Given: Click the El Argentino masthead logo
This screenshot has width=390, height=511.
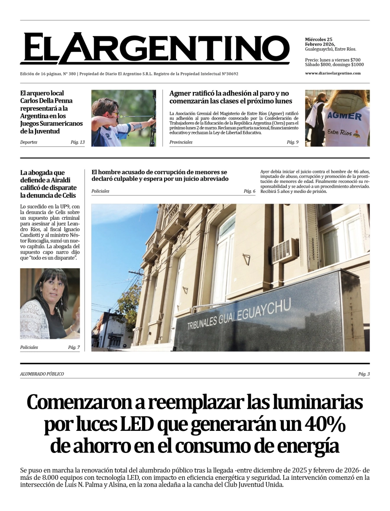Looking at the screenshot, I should tap(154, 48).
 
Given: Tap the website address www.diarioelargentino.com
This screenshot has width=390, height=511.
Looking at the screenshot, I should tap(332, 73).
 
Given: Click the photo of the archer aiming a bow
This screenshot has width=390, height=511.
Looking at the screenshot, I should tap(123, 118).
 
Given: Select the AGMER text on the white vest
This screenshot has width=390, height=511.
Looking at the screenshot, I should tap(344, 116).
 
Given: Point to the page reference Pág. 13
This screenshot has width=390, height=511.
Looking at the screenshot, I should tap(78, 142).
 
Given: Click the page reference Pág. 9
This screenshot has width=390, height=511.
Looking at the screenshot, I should tap(292, 142).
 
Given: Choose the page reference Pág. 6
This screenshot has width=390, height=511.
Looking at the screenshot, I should tap(249, 191).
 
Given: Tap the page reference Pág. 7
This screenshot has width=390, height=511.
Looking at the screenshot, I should tap(74, 347).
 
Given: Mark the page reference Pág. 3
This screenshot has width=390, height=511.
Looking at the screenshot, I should tap(364, 374).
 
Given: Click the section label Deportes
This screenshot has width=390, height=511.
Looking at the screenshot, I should tap(29, 142).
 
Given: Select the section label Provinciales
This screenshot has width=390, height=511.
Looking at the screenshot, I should tap(181, 142).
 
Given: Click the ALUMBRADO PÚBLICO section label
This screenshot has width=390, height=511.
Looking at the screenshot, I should tap(42, 374).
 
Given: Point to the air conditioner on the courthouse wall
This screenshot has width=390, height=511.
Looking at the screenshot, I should tap(285, 251).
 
